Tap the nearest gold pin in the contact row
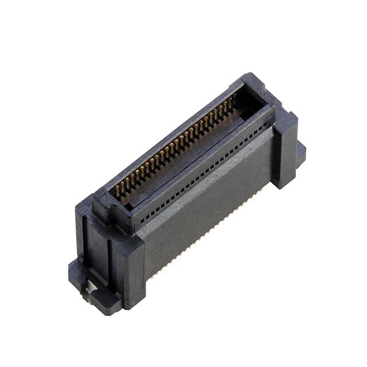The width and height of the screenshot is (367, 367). click(118, 189)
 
